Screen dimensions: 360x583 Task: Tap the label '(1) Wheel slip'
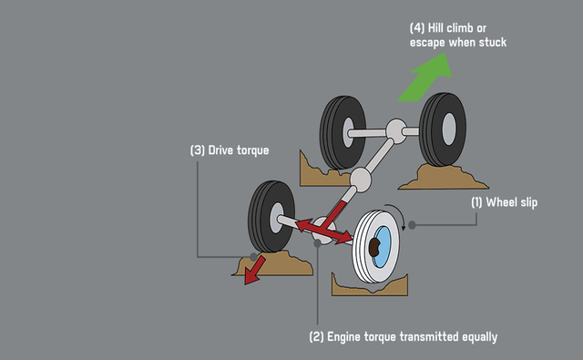coord(504,202)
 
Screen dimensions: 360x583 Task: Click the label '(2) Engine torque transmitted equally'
coord(404,336)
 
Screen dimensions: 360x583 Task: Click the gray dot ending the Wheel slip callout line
coord(413,224)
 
